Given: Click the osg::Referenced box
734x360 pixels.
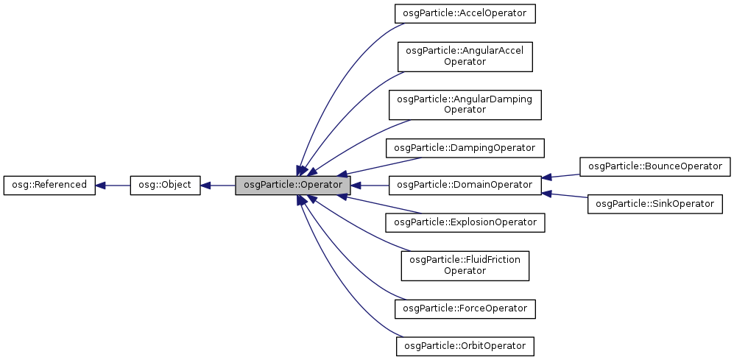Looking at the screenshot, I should (x=49, y=185).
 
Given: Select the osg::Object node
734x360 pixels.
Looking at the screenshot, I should (x=165, y=185).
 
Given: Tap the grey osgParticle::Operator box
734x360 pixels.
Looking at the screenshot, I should (x=292, y=185).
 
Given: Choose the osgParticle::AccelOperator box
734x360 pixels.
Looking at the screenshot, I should (x=465, y=13).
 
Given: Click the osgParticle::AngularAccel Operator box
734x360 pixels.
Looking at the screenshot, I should (x=465, y=56).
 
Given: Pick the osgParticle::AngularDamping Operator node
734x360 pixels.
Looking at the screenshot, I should (x=465, y=105).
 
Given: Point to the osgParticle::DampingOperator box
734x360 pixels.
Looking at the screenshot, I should (x=465, y=147).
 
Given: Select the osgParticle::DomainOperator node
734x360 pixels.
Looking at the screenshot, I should (x=465, y=185).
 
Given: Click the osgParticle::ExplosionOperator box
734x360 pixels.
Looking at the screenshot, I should (x=465, y=222).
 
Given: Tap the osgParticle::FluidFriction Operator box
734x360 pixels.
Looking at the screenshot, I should (x=465, y=264).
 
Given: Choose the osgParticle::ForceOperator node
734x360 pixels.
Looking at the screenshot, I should (x=465, y=308).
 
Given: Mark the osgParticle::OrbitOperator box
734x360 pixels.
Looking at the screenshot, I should (x=465, y=345).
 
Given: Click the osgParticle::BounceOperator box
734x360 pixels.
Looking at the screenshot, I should (x=654, y=166).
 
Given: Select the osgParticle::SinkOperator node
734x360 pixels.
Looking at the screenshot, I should (x=654, y=203).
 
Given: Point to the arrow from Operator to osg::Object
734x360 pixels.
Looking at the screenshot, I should (x=218, y=185).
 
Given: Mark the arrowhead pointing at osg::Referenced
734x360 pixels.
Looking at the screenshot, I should (x=101, y=185).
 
